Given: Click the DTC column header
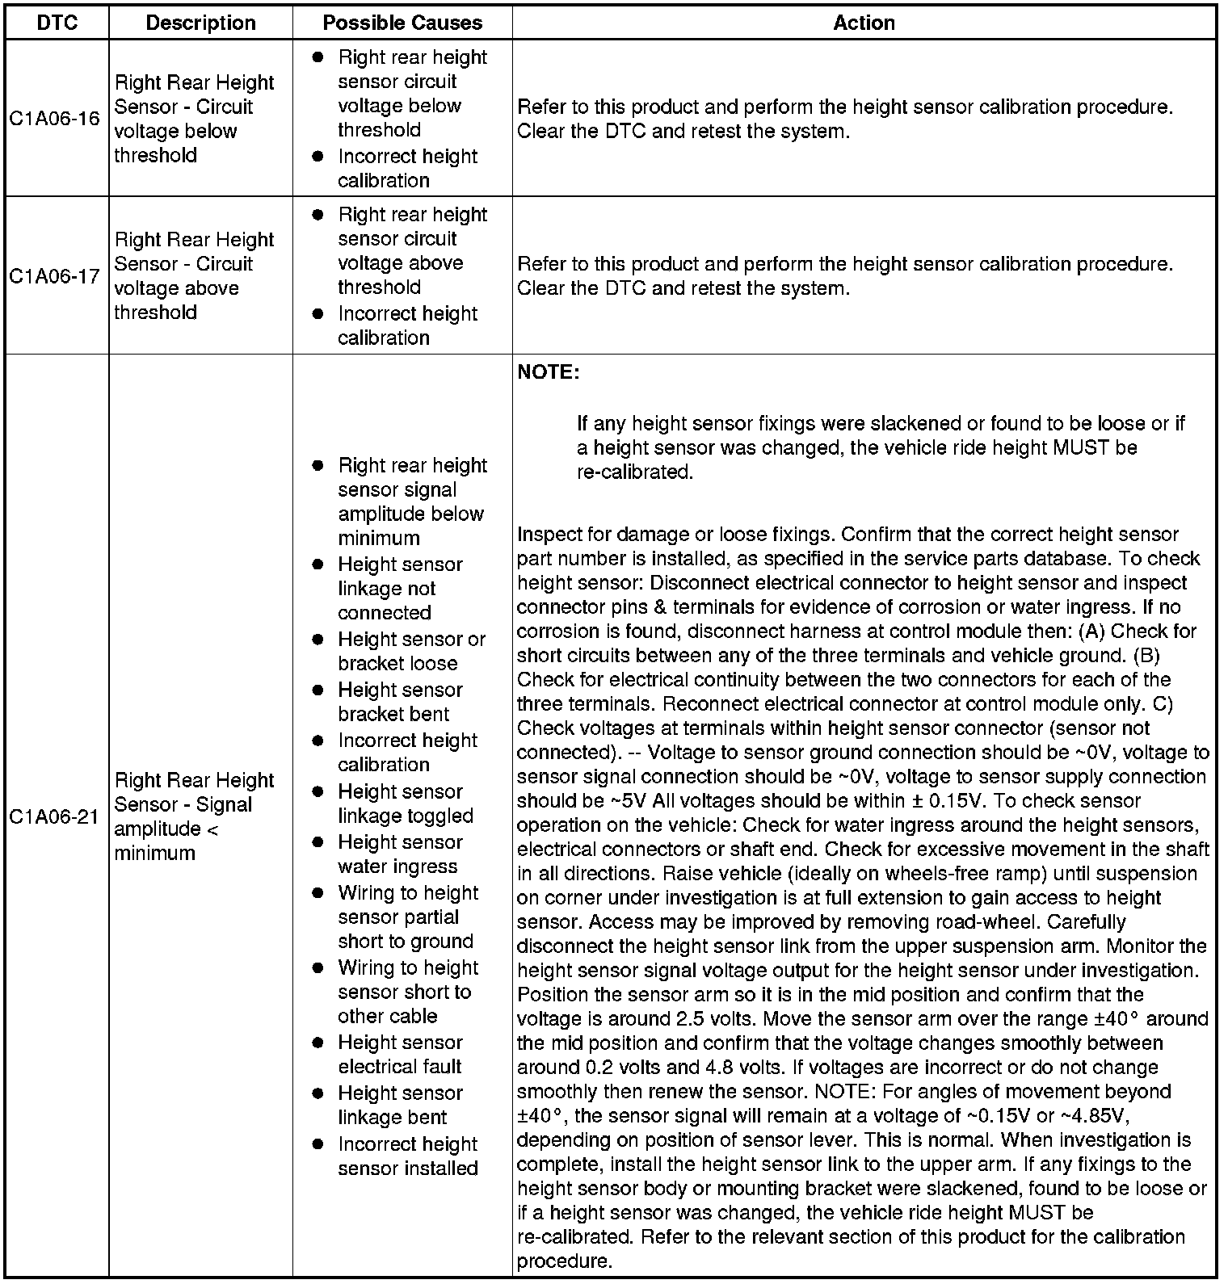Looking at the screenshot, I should [57, 23].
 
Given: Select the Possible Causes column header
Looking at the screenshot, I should [402, 23].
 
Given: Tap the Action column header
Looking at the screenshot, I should [864, 23].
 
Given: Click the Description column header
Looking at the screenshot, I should [200, 23].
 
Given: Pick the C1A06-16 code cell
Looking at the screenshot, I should [55, 119].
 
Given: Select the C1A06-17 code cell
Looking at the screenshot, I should [55, 276].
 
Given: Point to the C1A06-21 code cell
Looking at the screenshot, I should [55, 816].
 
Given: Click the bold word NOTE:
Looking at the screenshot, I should [548, 373].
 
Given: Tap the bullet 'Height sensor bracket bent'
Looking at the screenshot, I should [400, 702].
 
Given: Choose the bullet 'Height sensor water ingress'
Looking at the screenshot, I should [400, 854].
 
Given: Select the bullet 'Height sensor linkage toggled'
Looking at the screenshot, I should [404, 804].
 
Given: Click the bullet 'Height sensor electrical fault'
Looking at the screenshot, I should [400, 1055].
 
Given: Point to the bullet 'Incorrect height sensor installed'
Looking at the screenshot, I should [407, 1156].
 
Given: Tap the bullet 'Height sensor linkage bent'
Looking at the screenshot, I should [400, 1106].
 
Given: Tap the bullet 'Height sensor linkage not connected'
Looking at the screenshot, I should [400, 589].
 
